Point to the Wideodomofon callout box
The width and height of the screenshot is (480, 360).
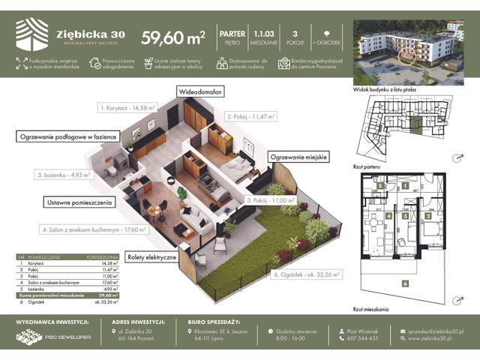pos(202,91)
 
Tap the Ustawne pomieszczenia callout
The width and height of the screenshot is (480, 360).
pos(80,202)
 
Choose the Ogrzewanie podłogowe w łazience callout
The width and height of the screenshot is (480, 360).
pos(65,136)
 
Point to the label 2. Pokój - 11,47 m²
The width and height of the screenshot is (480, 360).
pos(251,117)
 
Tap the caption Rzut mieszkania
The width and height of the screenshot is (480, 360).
pos(370,307)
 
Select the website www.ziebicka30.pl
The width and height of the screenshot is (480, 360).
pos(436,338)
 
